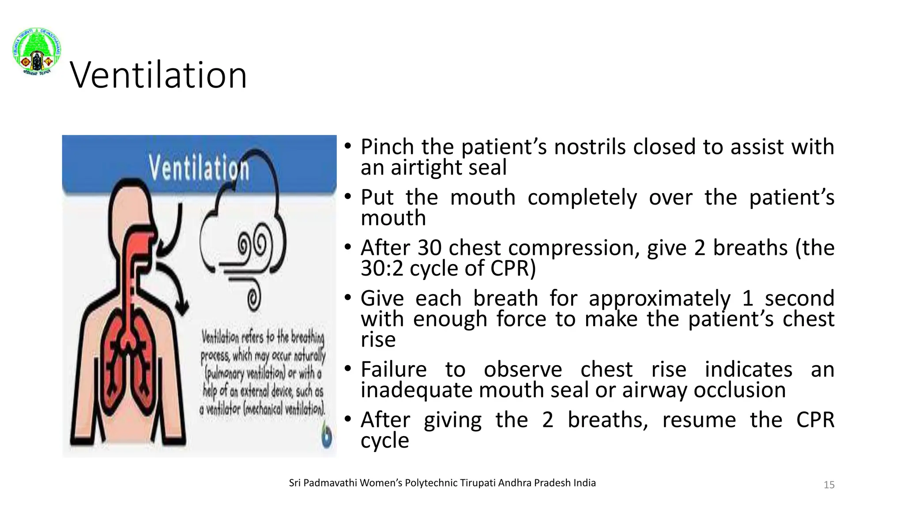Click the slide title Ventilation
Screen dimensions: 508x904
coord(158,75)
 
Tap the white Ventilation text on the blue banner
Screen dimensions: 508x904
coord(199,168)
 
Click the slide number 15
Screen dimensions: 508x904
coord(829,485)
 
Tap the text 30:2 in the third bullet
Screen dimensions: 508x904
coord(382,268)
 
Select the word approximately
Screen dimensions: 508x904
coord(659,299)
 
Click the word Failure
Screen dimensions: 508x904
coord(393,370)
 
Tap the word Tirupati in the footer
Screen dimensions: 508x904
coord(478,483)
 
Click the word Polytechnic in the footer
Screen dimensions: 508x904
coord(432,483)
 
